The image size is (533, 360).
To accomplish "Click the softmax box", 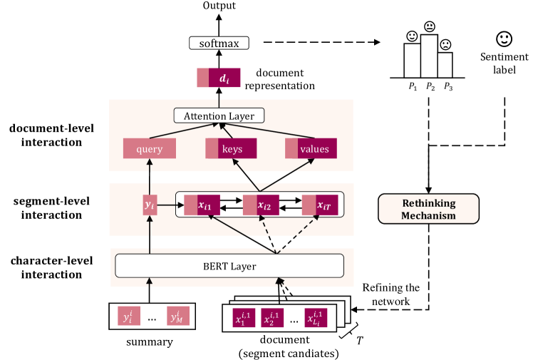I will [219, 43].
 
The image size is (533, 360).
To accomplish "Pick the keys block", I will [231, 149].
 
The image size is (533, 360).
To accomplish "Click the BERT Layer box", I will [229, 266].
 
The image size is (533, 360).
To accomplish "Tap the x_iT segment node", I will [320, 206].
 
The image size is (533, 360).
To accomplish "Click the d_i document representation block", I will [218, 77].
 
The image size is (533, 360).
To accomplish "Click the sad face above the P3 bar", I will [445, 44].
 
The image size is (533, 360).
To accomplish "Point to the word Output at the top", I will [219, 6].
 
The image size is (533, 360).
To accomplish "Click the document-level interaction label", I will [48, 135].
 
